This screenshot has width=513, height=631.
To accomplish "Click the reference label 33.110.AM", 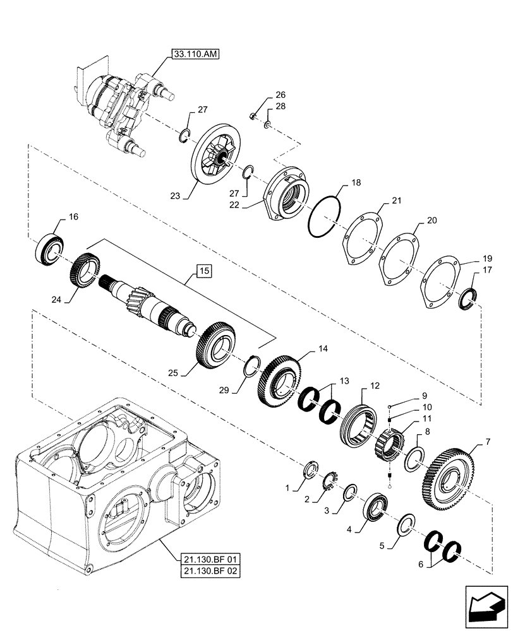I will click(x=193, y=56).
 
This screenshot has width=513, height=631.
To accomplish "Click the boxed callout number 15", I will click(x=204, y=271).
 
